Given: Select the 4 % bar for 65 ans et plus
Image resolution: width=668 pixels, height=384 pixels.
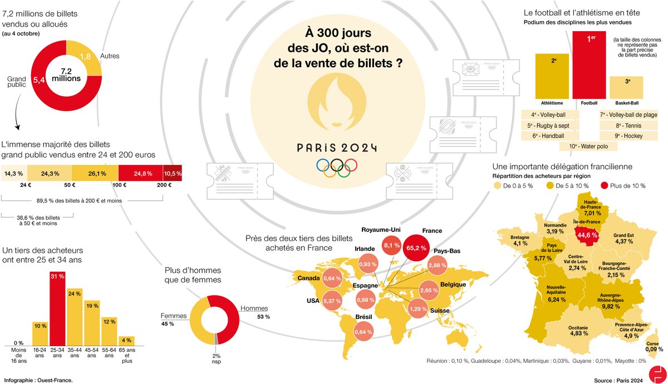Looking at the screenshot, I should tap(127, 341).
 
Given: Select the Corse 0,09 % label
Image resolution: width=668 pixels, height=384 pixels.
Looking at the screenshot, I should tap(654, 346).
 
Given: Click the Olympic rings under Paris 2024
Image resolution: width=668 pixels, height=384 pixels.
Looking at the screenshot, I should tap(336, 166).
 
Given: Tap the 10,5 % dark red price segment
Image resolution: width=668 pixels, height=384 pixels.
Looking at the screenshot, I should tap(173, 173).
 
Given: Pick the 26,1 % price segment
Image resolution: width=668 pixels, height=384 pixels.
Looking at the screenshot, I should tap(94, 173).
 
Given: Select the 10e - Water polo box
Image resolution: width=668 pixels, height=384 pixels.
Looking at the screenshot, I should tap(588, 147).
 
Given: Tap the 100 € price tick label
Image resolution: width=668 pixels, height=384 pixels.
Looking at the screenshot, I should tap(118, 184).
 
